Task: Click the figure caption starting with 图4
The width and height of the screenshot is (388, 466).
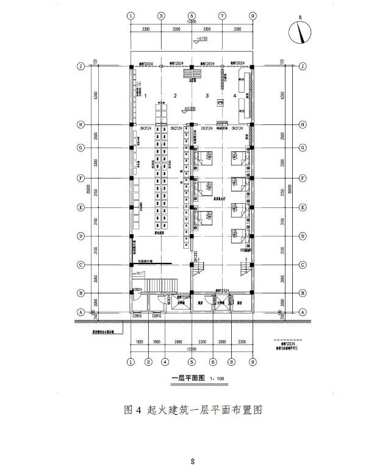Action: [x=193, y=409]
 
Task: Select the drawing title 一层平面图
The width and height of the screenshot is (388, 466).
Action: [x=185, y=379]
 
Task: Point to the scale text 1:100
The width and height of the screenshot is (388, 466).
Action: [x=217, y=379]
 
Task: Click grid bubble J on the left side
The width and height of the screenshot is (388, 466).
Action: [x=80, y=65]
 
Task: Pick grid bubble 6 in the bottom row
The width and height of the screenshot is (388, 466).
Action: [x=214, y=362]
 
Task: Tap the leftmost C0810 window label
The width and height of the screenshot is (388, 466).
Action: [x=137, y=316]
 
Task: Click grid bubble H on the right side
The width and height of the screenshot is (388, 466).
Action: [x=303, y=124]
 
